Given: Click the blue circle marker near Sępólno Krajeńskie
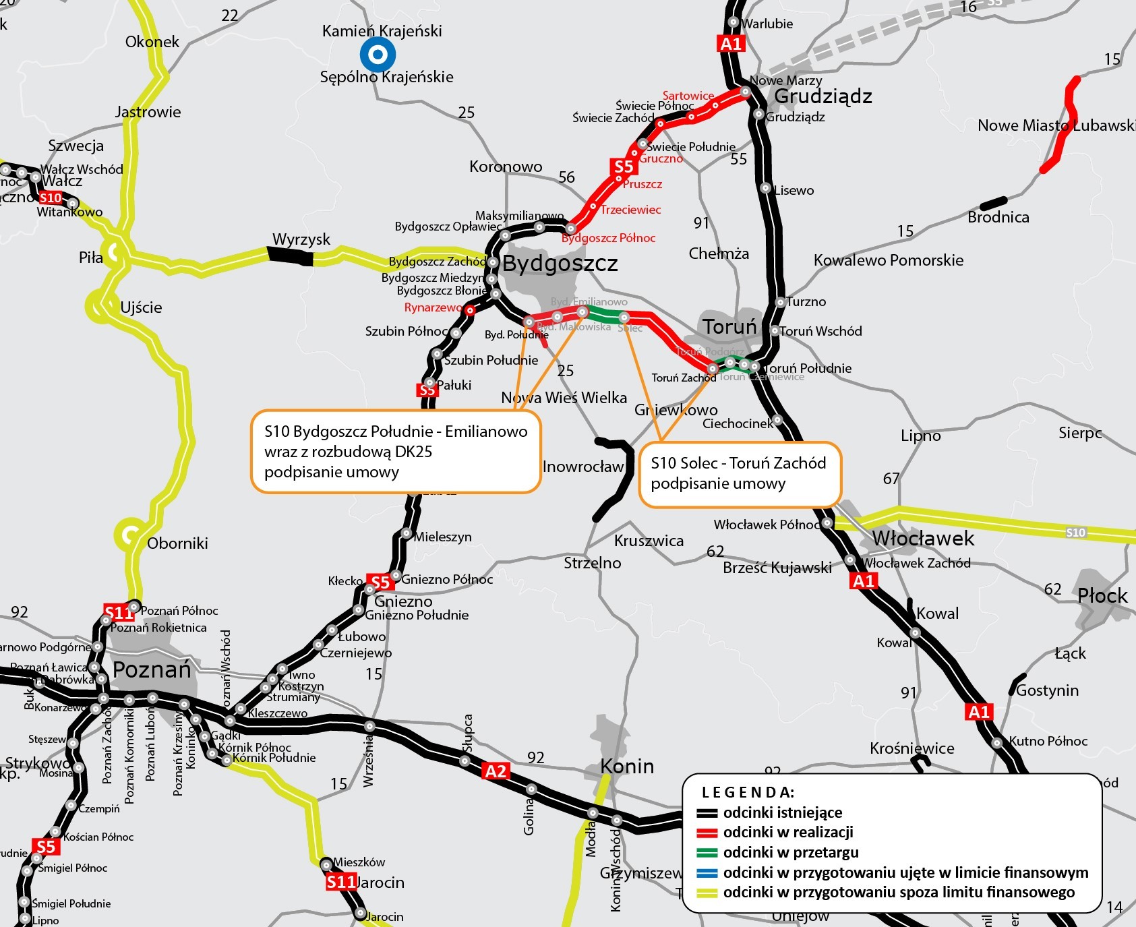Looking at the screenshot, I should pyautogui.click(x=378, y=54).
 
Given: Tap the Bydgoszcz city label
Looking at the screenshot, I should pyautogui.click(x=560, y=263).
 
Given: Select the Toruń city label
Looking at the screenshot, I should pyautogui.click(x=730, y=327).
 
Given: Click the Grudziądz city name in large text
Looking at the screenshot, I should pyautogui.click(x=823, y=96).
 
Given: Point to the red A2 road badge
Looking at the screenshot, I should pyautogui.click(x=496, y=771).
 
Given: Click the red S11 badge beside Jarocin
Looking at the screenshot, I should pyautogui.click(x=341, y=882).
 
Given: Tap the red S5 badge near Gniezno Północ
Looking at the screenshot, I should pyautogui.click(x=380, y=582).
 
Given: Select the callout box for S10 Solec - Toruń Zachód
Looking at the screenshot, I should pyautogui.click(x=740, y=474).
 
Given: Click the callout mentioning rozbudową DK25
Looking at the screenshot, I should pyautogui.click(x=396, y=452).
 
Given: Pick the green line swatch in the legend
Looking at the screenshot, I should pyautogui.click(x=707, y=853).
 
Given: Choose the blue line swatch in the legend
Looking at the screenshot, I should pyautogui.click(x=707, y=873).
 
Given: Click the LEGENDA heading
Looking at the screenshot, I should pyautogui.click(x=748, y=792).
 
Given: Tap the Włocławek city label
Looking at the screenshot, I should pyautogui.click(x=923, y=538).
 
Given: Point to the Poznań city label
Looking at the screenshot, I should pyautogui.click(x=152, y=669).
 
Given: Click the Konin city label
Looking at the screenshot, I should pyautogui.click(x=627, y=767).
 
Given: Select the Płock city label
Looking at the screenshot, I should pyautogui.click(x=1102, y=595).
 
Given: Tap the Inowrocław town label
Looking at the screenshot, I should pyautogui.click(x=583, y=467).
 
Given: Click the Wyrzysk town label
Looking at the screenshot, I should pyautogui.click(x=301, y=239).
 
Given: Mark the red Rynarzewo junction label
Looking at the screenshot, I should pyautogui.click(x=433, y=307).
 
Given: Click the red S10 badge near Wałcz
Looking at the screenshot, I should pyautogui.click(x=51, y=198).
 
